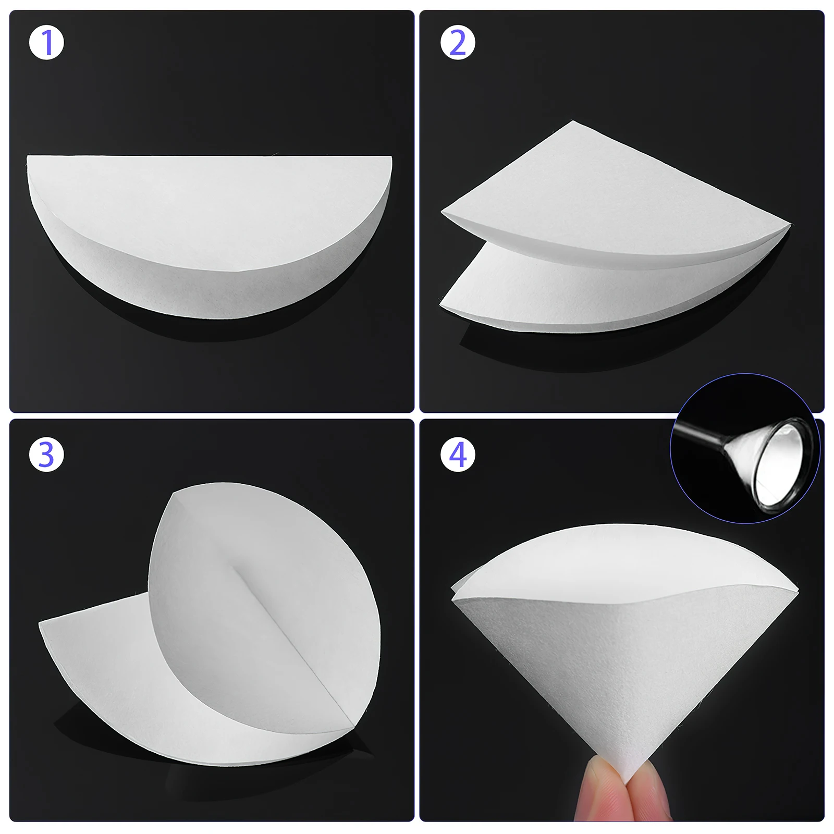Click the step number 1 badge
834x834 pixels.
pos(46,42)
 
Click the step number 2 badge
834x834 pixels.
pos(458,42)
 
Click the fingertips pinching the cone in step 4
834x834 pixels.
pos(620,798)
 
